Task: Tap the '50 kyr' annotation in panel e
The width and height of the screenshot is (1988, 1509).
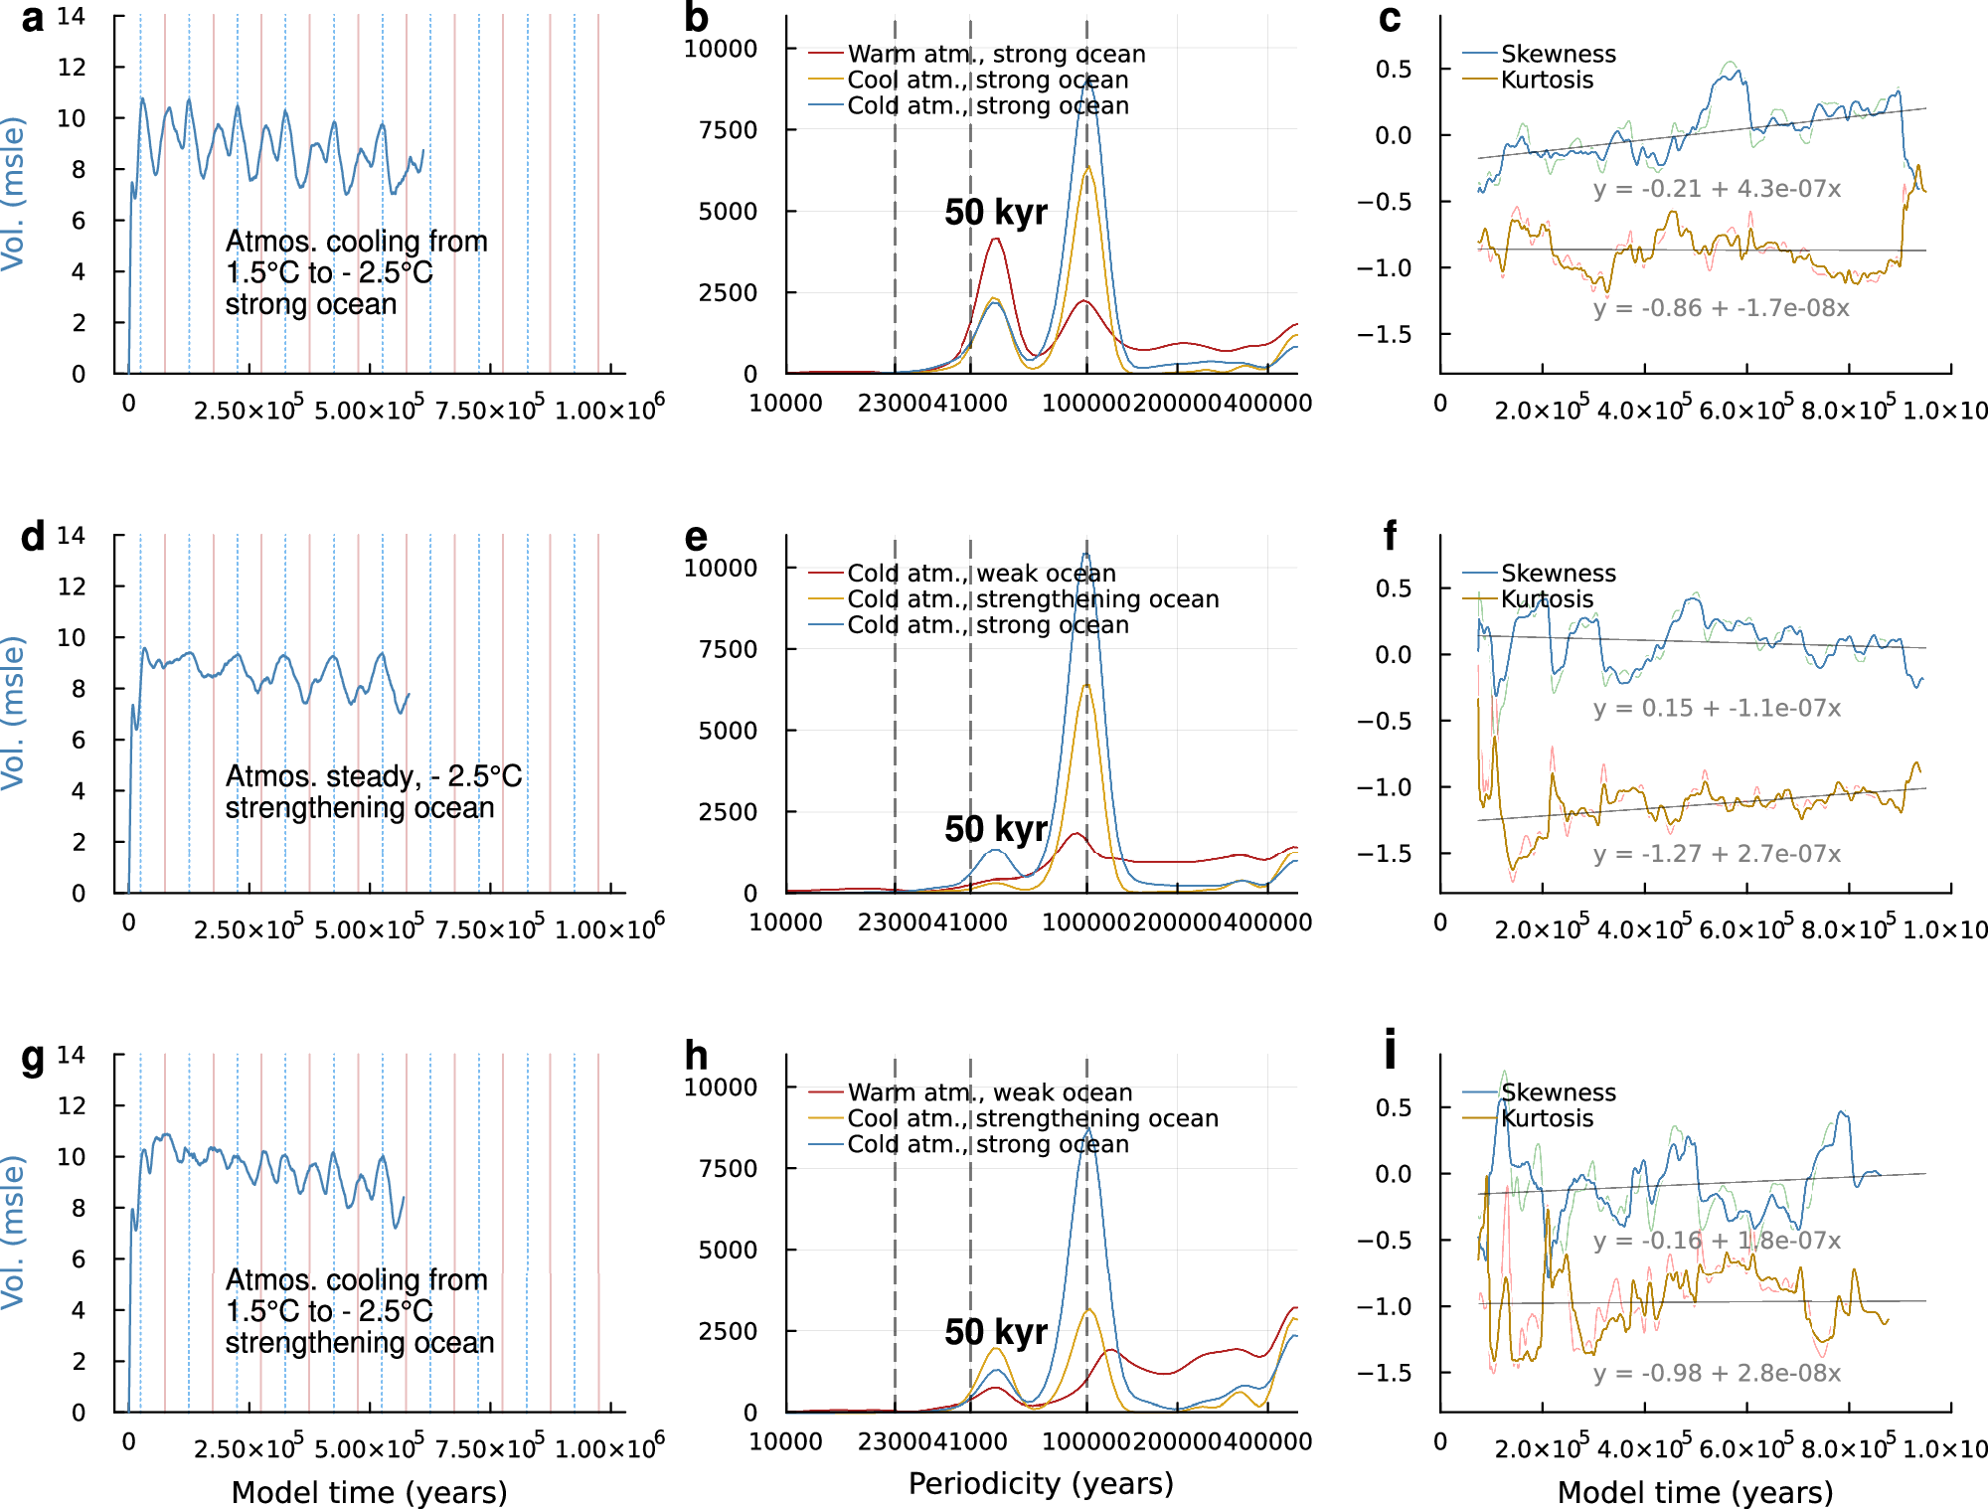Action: [995, 829]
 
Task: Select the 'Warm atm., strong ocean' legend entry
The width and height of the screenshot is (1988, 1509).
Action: [995, 54]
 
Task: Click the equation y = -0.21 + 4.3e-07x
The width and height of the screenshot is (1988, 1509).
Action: [1717, 189]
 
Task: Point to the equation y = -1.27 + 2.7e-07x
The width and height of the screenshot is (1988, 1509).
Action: [1717, 854]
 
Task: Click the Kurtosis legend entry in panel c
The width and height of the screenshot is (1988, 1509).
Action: [1546, 81]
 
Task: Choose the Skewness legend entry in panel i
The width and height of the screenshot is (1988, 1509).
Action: [1558, 1092]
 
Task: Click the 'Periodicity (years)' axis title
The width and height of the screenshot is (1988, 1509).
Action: [1041, 1483]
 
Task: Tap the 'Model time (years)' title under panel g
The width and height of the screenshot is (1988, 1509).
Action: [369, 1492]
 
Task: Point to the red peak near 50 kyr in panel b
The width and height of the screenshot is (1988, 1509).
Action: [995, 240]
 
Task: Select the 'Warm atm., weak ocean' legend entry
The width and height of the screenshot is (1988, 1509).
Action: [989, 1092]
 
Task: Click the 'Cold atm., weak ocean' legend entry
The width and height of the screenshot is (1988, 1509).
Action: [981, 574]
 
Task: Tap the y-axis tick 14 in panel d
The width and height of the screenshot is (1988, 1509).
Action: [72, 536]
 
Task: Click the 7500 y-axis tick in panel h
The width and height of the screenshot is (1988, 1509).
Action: [728, 1168]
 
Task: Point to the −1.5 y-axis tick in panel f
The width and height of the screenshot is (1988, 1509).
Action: [1384, 854]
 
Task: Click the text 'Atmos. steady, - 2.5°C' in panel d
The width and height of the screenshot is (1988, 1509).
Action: [373, 776]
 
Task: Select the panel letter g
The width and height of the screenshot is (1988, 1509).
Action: [33, 1058]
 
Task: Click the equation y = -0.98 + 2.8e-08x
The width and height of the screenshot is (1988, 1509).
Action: [1717, 1373]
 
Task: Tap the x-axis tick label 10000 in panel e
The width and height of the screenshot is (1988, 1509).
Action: [785, 922]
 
